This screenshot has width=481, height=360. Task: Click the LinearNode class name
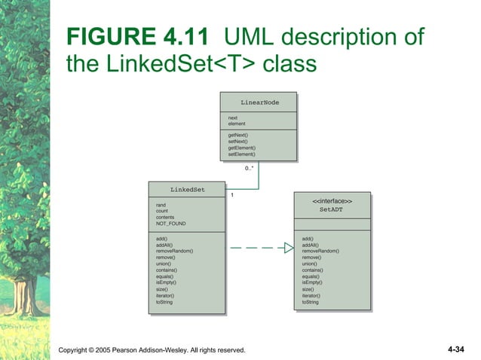click(x=259, y=102)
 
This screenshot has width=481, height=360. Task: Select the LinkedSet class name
click(x=186, y=189)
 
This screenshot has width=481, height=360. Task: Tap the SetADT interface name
click(x=331, y=210)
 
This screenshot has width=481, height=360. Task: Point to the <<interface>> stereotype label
click(x=331, y=201)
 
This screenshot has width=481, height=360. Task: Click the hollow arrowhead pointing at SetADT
click(x=288, y=248)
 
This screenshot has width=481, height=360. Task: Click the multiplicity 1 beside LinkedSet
click(x=232, y=195)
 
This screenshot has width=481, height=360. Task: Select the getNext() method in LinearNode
click(x=238, y=135)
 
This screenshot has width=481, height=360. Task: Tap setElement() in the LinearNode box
click(x=241, y=154)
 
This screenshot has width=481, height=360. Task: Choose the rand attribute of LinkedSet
click(x=161, y=205)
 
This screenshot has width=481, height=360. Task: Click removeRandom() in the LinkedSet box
click(x=174, y=251)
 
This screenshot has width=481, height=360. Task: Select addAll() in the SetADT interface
click(x=310, y=245)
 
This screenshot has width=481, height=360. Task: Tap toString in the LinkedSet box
click(x=164, y=302)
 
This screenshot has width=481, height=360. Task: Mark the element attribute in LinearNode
click(x=237, y=124)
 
